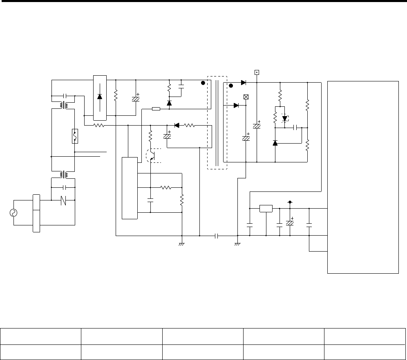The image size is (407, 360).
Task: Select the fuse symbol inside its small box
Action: coord(75,136)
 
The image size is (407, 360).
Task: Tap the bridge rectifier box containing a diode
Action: coord(100,98)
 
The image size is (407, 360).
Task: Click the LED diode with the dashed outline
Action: coord(285,118)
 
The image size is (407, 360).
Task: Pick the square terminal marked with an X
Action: coord(246,97)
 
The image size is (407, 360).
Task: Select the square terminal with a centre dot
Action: coord(257,73)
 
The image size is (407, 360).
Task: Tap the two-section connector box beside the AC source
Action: coord(36,213)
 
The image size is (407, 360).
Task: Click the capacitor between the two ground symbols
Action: coord(217,236)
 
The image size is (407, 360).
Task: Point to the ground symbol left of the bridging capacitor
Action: coord(182,244)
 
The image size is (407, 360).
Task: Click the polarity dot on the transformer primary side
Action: coord(202,83)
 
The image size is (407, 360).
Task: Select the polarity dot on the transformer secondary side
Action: coord(231,85)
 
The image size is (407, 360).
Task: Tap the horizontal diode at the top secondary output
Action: coord(244,82)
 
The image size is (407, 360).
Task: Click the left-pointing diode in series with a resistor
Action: coord(177,126)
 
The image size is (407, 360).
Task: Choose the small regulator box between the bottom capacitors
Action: coord(266,208)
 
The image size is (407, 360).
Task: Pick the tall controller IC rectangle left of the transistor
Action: coord(130,187)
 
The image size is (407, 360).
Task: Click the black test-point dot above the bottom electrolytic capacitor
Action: coord(290,202)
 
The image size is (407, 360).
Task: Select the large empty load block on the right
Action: coord(363,177)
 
